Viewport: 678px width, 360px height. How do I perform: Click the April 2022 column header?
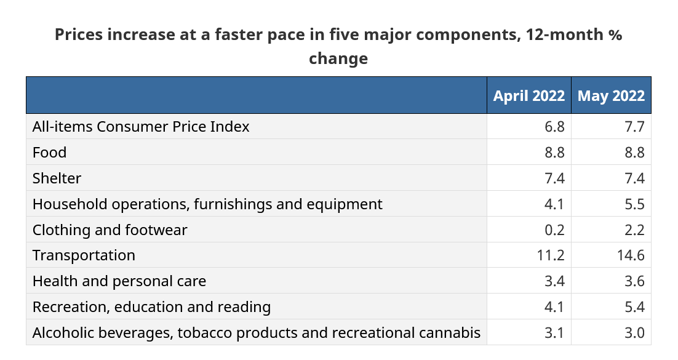point(529,95)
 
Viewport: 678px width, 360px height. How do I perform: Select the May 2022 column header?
point(611,95)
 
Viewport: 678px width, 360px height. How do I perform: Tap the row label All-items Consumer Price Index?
point(141,126)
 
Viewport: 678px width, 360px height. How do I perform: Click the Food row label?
point(49,153)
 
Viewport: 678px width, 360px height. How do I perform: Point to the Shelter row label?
point(57,178)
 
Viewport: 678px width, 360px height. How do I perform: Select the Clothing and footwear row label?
point(110,230)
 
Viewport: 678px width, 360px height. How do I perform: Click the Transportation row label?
point(84,255)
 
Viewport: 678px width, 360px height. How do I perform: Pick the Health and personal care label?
point(119,281)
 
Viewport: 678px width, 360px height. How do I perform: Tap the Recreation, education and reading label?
point(151,307)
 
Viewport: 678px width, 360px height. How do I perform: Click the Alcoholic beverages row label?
point(257,333)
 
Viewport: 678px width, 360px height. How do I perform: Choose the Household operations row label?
point(207,204)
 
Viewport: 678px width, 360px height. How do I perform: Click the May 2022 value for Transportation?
point(631,255)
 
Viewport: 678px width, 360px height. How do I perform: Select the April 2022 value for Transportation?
point(551,255)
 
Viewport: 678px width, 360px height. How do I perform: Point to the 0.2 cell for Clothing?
point(554,230)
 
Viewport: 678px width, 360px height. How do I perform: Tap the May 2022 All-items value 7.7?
point(634,126)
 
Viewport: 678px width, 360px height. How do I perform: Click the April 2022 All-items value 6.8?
point(554,126)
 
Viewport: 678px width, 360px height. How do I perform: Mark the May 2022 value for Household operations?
point(634,204)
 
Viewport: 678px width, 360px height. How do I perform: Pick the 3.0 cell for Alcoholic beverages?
point(634,333)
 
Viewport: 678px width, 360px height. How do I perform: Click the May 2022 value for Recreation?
point(634,307)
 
